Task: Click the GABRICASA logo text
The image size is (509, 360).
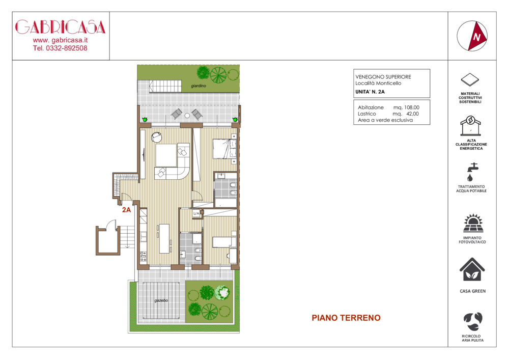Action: click(x=61, y=27)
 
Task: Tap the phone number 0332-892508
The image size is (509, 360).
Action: click(x=67, y=48)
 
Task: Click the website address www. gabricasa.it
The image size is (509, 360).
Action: click(x=61, y=40)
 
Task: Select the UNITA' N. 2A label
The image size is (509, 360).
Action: click(x=370, y=92)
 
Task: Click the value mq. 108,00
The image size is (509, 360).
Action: click(x=406, y=107)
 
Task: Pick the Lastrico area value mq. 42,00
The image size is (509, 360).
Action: click(x=406, y=114)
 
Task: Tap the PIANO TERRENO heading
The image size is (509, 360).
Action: click(x=346, y=318)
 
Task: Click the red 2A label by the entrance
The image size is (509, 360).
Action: click(x=127, y=210)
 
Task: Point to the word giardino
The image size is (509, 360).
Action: click(x=199, y=86)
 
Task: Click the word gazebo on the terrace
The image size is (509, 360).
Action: click(x=161, y=300)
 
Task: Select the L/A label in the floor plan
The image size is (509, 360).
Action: click(x=196, y=213)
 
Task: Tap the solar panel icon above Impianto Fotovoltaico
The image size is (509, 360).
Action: click(x=473, y=224)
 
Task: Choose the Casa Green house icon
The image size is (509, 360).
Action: click(x=472, y=270)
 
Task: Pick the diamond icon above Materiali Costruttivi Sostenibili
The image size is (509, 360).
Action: click(x=470, y=80)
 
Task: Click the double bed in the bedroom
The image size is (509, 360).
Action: click(x=224, y=149)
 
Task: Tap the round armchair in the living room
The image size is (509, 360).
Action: click(x=157, y=137)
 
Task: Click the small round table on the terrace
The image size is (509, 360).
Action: click(x=187, y=116)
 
